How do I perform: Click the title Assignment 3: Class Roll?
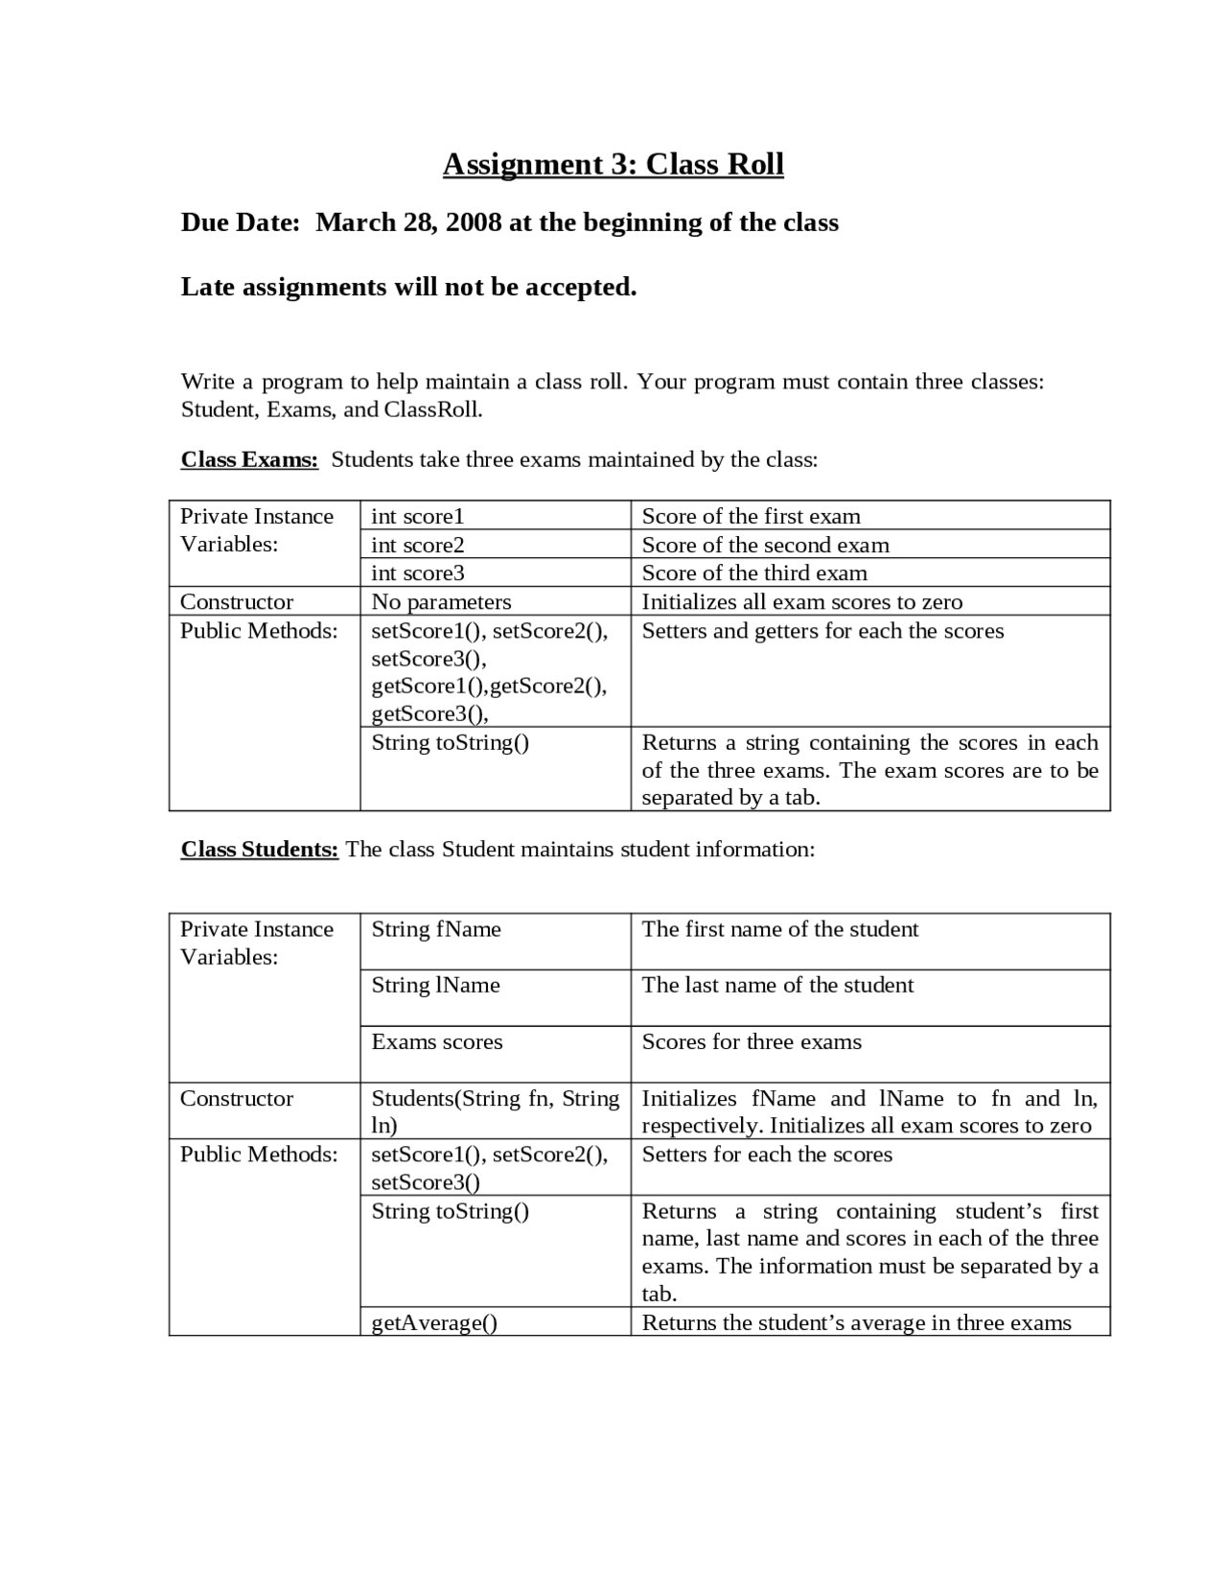[x=613, y=164]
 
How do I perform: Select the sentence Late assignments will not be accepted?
[x=408, y=287]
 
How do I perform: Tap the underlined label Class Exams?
[x=249, y=459]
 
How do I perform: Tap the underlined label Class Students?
[x=259, y=850]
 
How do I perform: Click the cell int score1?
[x=418, y=516]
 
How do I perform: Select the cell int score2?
[x=418, y=545]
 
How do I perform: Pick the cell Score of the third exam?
[x=754, y=572]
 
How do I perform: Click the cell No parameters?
[x=441, y=601]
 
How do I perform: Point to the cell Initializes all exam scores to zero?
[x=801, y=601]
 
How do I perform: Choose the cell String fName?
[x=436, y=929]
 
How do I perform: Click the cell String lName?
[x=435, y=985]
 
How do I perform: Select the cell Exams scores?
[x=436, y=1041]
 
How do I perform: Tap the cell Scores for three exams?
[x=752, y=1041]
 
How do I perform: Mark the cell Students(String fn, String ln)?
[x=495, y=1111]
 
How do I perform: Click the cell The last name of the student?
[x=777, y=985]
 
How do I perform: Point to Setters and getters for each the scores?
[x=822, y=631]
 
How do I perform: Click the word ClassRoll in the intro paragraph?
[x=431, y=409]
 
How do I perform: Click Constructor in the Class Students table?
[x=237, y=1098]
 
